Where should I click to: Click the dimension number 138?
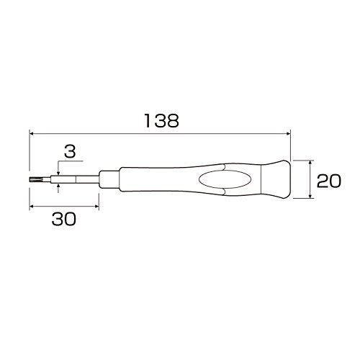pos(160,121)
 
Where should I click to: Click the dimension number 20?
pos(328,180)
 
